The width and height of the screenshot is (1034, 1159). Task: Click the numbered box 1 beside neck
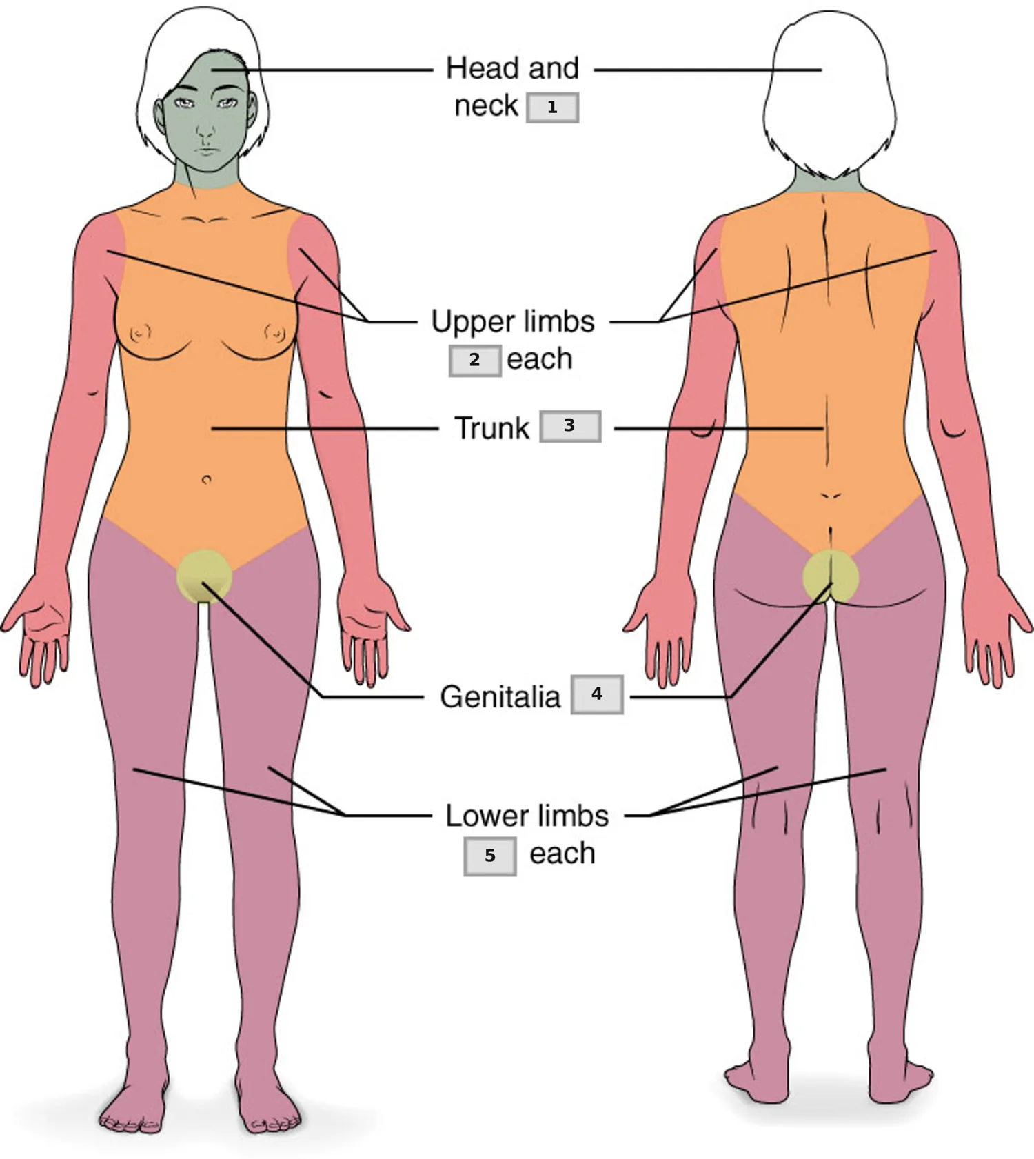(x=552, y=108)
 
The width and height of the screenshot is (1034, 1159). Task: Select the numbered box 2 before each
(x=475, y=361)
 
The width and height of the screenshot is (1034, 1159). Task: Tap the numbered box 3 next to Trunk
(x=570, y=426)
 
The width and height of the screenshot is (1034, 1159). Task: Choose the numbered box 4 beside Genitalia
(x=597, y=694)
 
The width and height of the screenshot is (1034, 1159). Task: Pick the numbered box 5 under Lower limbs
(x=490, y=856)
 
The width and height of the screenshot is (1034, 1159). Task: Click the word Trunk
(x=491, y=428)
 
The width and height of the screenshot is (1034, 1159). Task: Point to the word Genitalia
(x=500, y=697)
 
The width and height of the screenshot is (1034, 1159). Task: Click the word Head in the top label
(x=482, y=68)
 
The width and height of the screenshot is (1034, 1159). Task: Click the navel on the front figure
(x=206, y=479)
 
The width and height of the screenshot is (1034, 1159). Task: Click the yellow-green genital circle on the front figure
(x=203, y=576)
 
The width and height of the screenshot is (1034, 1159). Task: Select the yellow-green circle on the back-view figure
(x=831, y=577)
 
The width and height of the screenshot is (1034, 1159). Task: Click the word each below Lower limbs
(x=562, y=854)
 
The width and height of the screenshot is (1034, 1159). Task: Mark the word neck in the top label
(x=486, y=106)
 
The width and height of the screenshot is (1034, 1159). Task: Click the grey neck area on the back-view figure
(x=830, y=181)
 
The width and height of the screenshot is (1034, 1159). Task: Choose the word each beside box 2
(x=540, y=359)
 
